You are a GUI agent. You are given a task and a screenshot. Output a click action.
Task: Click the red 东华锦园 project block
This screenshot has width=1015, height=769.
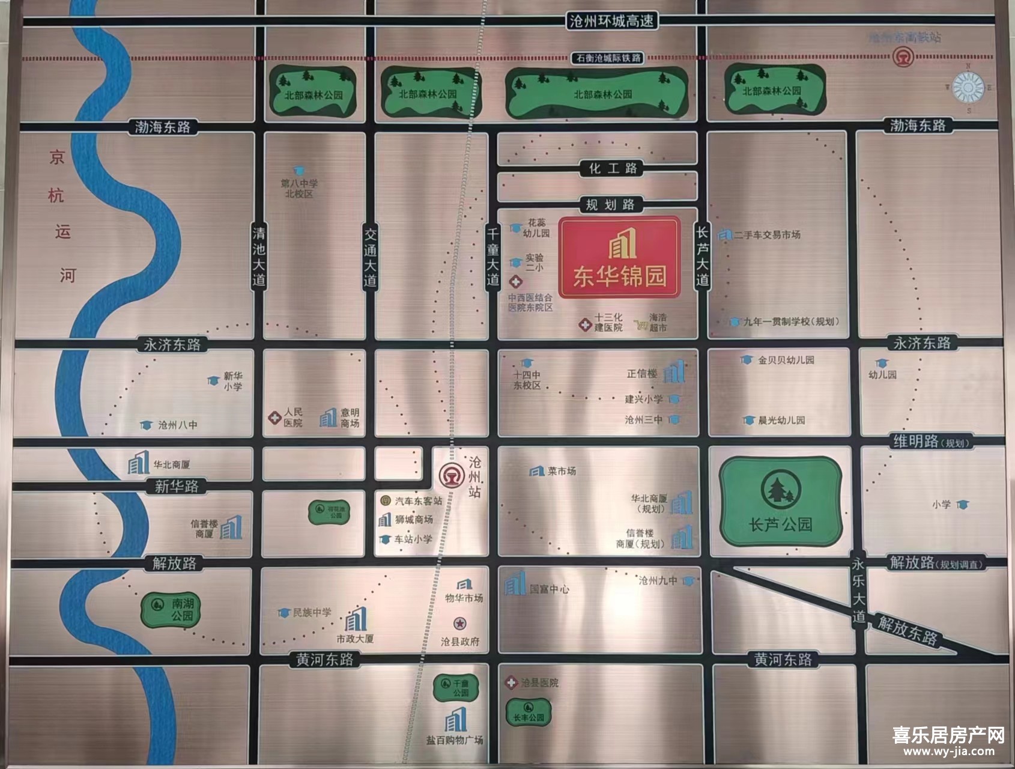pos(619,257)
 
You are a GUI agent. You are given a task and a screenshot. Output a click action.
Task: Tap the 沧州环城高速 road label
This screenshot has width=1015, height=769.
pos(611,21)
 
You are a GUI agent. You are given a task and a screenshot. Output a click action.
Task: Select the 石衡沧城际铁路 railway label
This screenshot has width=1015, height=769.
pos(608,58)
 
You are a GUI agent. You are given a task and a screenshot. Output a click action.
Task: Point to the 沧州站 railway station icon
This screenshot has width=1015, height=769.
pos(450,475)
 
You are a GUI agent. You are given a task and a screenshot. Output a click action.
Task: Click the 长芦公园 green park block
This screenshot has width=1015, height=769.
pos(780,502)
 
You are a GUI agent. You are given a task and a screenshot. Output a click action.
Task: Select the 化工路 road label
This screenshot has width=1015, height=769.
pos(612,168)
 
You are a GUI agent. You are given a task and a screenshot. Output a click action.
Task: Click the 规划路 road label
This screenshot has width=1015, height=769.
pos(610,205)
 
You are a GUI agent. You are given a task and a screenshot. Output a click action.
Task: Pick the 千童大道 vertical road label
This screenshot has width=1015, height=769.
pos(492,257)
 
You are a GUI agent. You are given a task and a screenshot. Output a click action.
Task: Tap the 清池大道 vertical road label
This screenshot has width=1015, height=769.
pos(259,257)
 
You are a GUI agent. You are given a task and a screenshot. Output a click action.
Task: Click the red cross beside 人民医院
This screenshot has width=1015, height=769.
pos(274,417)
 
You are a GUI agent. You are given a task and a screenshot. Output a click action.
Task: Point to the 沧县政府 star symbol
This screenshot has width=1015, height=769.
pos(459,623)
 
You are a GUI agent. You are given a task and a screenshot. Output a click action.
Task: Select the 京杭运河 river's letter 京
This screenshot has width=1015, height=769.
pos(57,158)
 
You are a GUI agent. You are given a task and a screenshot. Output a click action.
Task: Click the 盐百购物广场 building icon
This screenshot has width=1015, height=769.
pos(455,720)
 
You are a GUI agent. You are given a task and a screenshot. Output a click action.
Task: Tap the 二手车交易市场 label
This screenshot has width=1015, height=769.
pos(767,235)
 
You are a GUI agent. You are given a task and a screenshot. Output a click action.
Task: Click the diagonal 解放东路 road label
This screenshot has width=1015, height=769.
pos(907,630)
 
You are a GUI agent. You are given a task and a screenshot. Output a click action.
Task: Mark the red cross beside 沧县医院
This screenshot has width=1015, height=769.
pos(511,682)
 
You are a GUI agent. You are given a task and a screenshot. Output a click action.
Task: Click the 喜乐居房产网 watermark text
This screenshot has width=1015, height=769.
pos(948,735)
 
